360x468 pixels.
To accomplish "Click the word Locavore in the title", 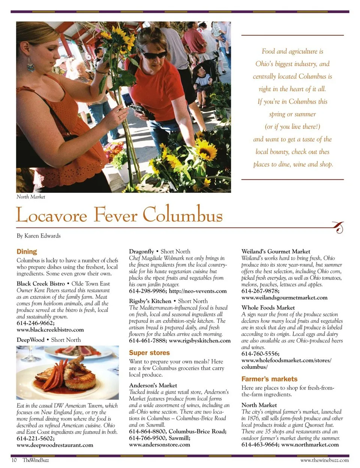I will click(x=52, y=215).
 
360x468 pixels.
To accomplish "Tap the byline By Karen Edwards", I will click(x=39, y=236).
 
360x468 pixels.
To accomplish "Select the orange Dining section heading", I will click(x=27, y=251).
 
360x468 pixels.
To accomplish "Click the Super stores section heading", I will click(x=149, y=353).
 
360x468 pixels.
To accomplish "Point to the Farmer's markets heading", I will click(x=269, y=379).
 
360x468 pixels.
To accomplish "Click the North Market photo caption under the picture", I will click(x=31, y=197).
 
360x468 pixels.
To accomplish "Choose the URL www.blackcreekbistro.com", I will click(x=50, y=330).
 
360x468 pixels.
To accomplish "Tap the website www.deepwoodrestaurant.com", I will click(x=55, y=445).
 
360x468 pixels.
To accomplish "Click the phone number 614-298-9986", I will click(x=147, y=291).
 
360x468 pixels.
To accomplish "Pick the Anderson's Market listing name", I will click(x=153, y=385).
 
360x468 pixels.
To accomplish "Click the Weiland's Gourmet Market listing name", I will click(x=276, y=251).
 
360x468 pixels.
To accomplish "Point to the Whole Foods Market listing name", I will click(x=268, y=308).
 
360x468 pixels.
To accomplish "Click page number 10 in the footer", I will click(x=14, y=460).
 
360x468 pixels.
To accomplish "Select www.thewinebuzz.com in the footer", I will click(x=324, y=460).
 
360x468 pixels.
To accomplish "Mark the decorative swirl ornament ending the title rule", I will click(x=339, y=227).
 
